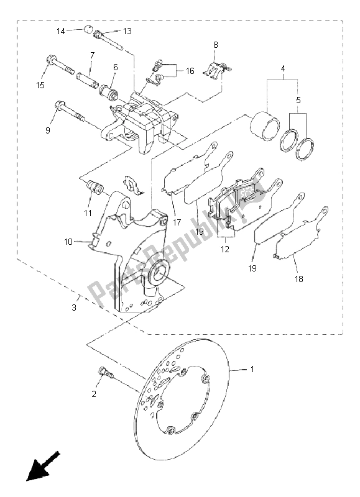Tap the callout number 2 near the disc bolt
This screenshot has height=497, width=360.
[x=95, y=394]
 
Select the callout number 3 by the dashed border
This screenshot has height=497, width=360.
[x=75, y=308]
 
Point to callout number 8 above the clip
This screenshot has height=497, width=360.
[x=215, y=45]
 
